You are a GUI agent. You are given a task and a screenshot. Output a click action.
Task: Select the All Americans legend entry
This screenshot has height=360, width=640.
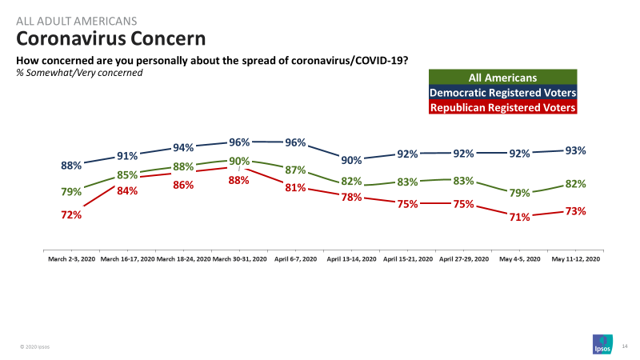click(502, 78)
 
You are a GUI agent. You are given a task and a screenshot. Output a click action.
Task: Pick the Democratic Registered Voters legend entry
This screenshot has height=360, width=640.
click(502, 93)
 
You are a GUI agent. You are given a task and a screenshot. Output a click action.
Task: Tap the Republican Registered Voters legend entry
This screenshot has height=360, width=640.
click(502, 107)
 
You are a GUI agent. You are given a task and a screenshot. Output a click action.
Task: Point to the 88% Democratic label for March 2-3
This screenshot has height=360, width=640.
click(71, 166)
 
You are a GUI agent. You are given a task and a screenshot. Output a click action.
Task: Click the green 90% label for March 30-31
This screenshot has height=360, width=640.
click(239, 162)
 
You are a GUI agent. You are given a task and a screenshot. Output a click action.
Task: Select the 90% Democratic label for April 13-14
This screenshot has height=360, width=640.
click(351, 160)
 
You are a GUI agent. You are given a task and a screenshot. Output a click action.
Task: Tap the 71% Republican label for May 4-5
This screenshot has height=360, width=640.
click(519, 217)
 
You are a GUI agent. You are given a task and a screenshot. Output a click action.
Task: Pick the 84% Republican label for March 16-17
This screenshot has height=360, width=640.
click(127, 190)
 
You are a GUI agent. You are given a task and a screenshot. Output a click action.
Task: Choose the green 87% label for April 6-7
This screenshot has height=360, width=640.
click(295, 170)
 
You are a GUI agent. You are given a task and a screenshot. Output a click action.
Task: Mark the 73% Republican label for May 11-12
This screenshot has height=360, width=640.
click(575, 211)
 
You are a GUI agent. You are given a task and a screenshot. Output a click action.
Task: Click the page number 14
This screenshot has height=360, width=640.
click(625, 346)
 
